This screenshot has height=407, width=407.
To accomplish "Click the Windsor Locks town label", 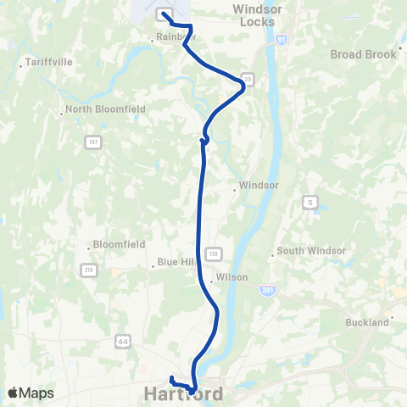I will pos(259,14).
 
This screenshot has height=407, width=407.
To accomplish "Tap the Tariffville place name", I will pos(45,63).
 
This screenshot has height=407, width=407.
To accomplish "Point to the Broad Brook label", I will pos(363,54).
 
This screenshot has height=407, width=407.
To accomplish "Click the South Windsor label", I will pos(310,251).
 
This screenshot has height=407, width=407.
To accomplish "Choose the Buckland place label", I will pos(366,322).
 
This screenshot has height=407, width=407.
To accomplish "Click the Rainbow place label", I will pos(176,37).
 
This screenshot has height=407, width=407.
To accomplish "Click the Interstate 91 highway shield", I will pos(282,39).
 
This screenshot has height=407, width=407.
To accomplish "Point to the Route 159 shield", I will pos(215,254).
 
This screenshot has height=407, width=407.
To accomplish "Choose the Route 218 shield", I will pos(88,270).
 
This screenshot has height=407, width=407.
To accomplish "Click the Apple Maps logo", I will pos(31,393).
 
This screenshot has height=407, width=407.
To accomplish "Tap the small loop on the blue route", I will pos(204,140).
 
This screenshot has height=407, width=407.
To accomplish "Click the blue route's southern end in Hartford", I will pos(171,378).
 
